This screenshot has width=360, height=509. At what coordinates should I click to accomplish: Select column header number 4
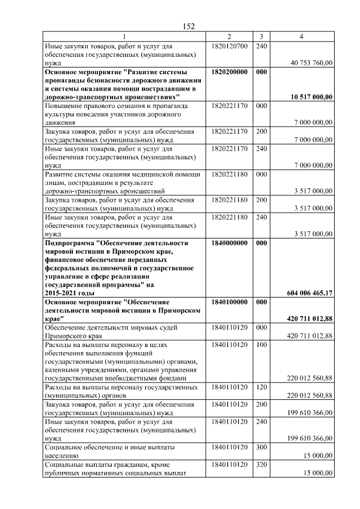point(301,37)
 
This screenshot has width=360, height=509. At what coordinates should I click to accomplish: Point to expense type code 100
point(261,344)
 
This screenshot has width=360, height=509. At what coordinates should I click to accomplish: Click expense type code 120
point(261,387)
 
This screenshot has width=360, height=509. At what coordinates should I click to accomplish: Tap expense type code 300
point(261,447)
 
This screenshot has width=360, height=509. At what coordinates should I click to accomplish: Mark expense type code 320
point(261,465)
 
